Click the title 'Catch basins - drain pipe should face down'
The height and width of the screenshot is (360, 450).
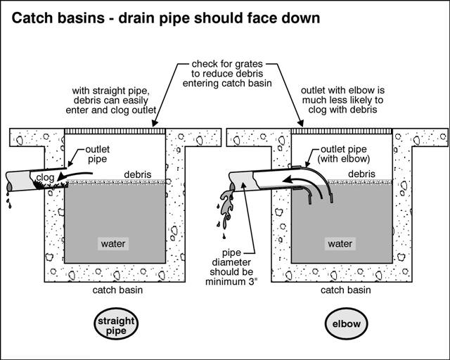pos(165,17)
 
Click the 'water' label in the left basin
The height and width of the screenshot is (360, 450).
pos(113,244)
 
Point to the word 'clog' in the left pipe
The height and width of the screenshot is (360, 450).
pos(45,178)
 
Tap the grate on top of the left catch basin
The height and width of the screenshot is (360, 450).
pos(115,131)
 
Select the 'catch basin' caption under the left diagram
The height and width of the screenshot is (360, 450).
pos(114,290)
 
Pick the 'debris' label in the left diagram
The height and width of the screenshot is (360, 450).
pos(136,174)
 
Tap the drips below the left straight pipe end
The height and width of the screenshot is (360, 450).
pos(8,202)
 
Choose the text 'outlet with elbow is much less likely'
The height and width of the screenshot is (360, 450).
pos(342,100)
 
